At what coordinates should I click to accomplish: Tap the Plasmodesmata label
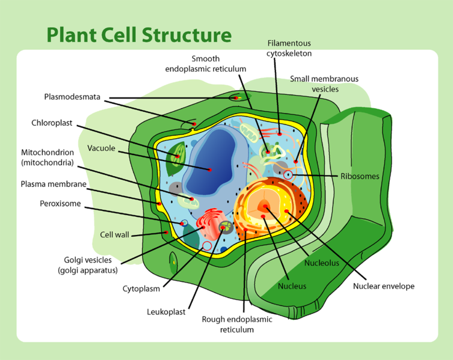[x=72, y=97]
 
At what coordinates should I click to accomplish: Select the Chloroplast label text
[x=52, y=123]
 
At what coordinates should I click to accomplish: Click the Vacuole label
[x=100, y=148]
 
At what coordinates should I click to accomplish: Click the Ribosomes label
[x=360, y=176]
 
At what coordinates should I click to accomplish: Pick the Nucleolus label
[x=322, y=263]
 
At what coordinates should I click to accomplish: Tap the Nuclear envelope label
[x=384, y=286]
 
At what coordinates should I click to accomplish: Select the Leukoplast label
[x=166, y=312]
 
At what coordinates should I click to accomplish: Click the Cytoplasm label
[x=141, y=288]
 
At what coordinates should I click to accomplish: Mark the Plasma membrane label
[x=54, y=184]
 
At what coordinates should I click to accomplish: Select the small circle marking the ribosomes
[x=289, y=175]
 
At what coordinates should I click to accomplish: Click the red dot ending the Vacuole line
[x=210, y=170]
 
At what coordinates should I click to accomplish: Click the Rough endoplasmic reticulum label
[x=237, y=325]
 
